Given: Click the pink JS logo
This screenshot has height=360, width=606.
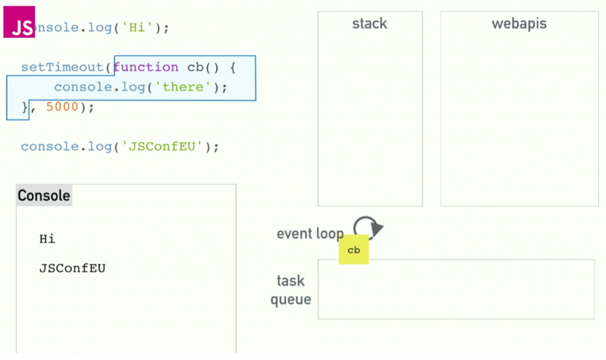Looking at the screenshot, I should pos(20,22).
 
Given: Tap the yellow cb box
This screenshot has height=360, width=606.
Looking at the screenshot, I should pos(353,250).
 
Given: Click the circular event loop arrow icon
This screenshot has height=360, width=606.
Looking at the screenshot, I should pos(368,227).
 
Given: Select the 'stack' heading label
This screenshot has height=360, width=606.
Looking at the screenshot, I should pos(369,24).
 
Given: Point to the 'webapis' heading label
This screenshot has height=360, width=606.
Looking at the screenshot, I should pos(519,24).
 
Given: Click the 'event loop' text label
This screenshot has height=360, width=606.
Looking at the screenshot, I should pos(310,233).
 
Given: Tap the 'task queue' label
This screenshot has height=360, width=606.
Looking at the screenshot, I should pos(291,290).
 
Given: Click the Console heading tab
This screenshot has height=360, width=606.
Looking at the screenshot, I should pos(44,195).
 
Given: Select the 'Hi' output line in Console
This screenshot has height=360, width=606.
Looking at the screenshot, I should pos(47,239).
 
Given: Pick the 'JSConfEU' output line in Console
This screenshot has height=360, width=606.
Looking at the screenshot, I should pos(72,268).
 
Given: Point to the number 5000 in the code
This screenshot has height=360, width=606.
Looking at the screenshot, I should pos(62,107).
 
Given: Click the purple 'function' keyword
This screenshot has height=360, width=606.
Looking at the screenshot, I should pos(146,67).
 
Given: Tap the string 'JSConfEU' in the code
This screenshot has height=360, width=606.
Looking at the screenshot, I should pos(163,146).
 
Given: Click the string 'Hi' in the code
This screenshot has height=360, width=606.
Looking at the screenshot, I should pos(137,28).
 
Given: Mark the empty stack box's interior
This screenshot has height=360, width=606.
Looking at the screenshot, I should pos(370,118).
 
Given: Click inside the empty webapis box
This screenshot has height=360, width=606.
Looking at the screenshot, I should pos(519,118).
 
